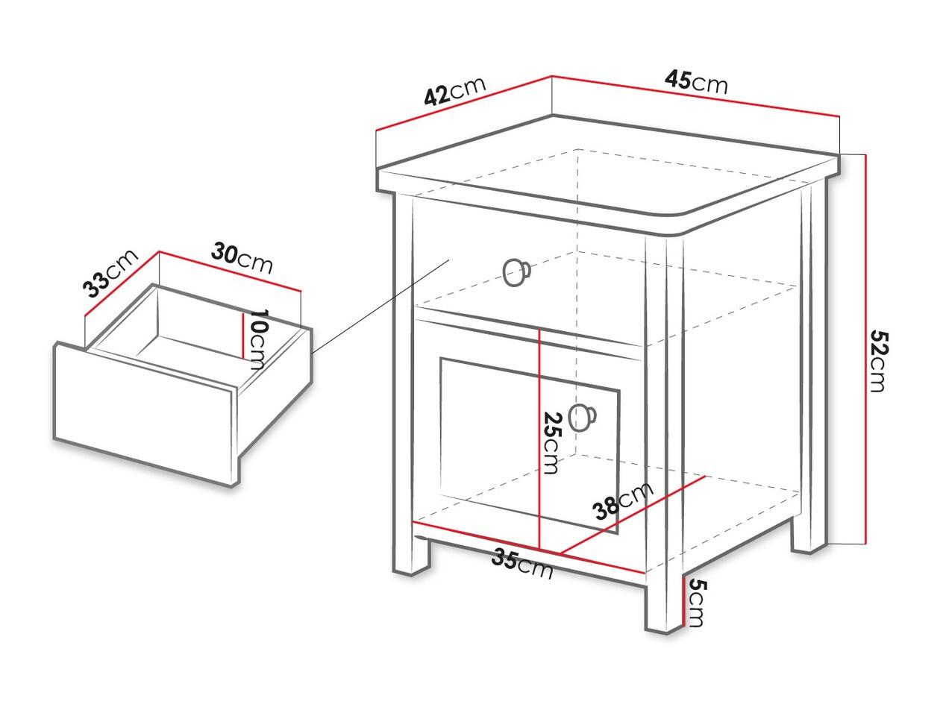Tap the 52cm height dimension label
tap(878, 361)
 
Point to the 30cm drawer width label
tap(242, 258)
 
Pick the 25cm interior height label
tap(551, 442)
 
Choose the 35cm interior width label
tap(522, 564)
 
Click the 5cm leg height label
tap(695, 603)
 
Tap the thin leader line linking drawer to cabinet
tap(380, 306)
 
